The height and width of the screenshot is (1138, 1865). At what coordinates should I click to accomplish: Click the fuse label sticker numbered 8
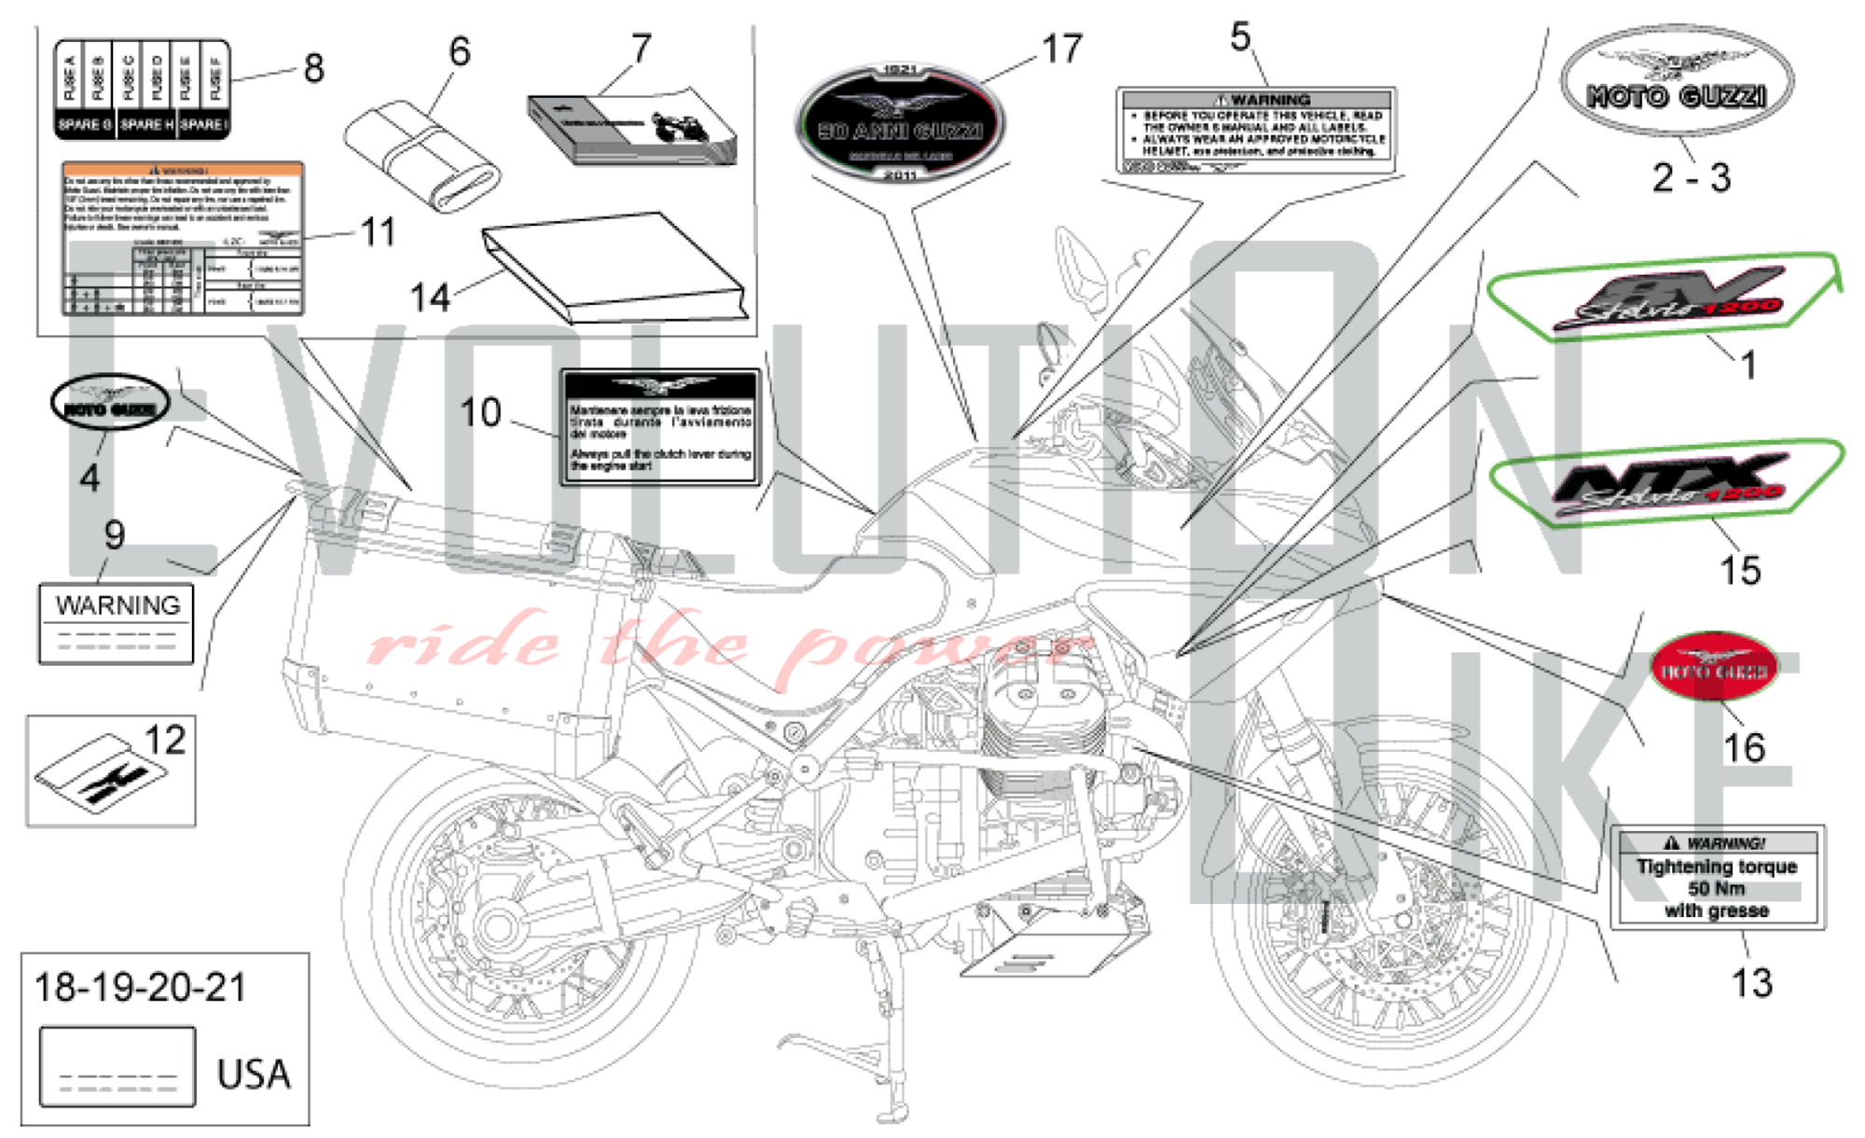pyautogui.click(x=142, y=89)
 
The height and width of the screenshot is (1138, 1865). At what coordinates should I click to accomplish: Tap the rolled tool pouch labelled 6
pyautogui.click(x=421, y=156)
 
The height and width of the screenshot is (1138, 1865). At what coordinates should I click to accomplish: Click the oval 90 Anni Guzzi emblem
pyautogui.click(x=900, y=123)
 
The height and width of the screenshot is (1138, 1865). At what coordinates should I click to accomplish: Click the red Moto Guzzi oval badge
pyautogui.click(x=1714, y=668)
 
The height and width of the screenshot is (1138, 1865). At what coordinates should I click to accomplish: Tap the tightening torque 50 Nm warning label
pyautogui.click(x=1717, y=878)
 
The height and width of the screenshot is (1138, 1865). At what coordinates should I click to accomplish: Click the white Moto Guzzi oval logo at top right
pyautogui.click(x=1677, y=82)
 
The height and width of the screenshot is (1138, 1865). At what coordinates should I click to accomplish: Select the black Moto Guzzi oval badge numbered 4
pyautogui.click(x=110, y=402)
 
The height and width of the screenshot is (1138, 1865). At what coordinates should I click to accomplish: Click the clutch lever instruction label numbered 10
pyautogui.click(x=660, y=427)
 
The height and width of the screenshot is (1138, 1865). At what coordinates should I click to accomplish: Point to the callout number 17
pyautogui.click(x=1062, y=49)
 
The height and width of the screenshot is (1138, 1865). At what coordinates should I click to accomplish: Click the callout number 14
pyautogui.click(x=430, y=298)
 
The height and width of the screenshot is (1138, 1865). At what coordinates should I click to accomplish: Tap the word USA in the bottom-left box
pyautogui.click(x=253, y=1074)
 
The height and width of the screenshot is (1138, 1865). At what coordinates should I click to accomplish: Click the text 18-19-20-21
pyautogui.click(x=140, y=988)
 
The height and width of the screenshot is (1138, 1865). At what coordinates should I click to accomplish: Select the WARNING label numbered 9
pyautogui.click(x=117, y=623)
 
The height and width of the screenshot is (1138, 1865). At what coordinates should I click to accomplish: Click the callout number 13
pyautogui.click(x=1750, y=983)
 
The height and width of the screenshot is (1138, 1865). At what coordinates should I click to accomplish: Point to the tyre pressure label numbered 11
pyautogui.click(x=183, y=239)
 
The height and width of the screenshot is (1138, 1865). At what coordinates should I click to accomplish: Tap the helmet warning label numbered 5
pyautogui.click(x=1256, y=131)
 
